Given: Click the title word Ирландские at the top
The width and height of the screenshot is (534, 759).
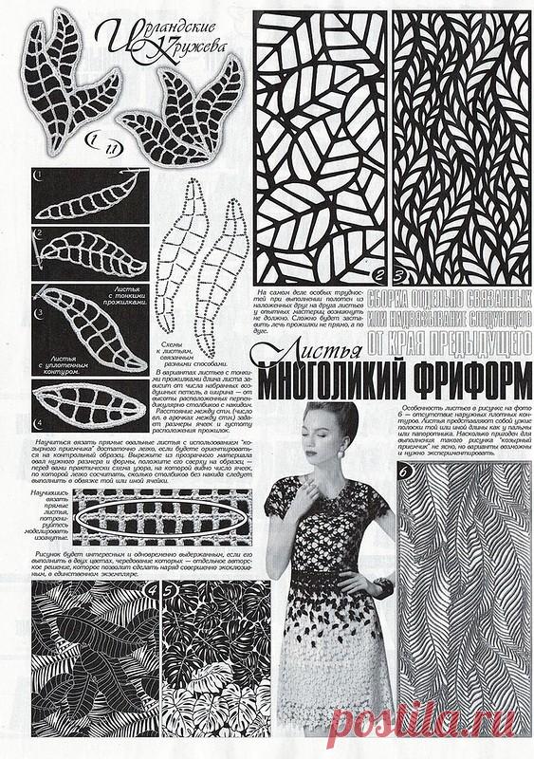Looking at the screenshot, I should coord(148,22).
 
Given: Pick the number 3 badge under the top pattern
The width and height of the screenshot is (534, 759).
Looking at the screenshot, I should coord(400,278).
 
